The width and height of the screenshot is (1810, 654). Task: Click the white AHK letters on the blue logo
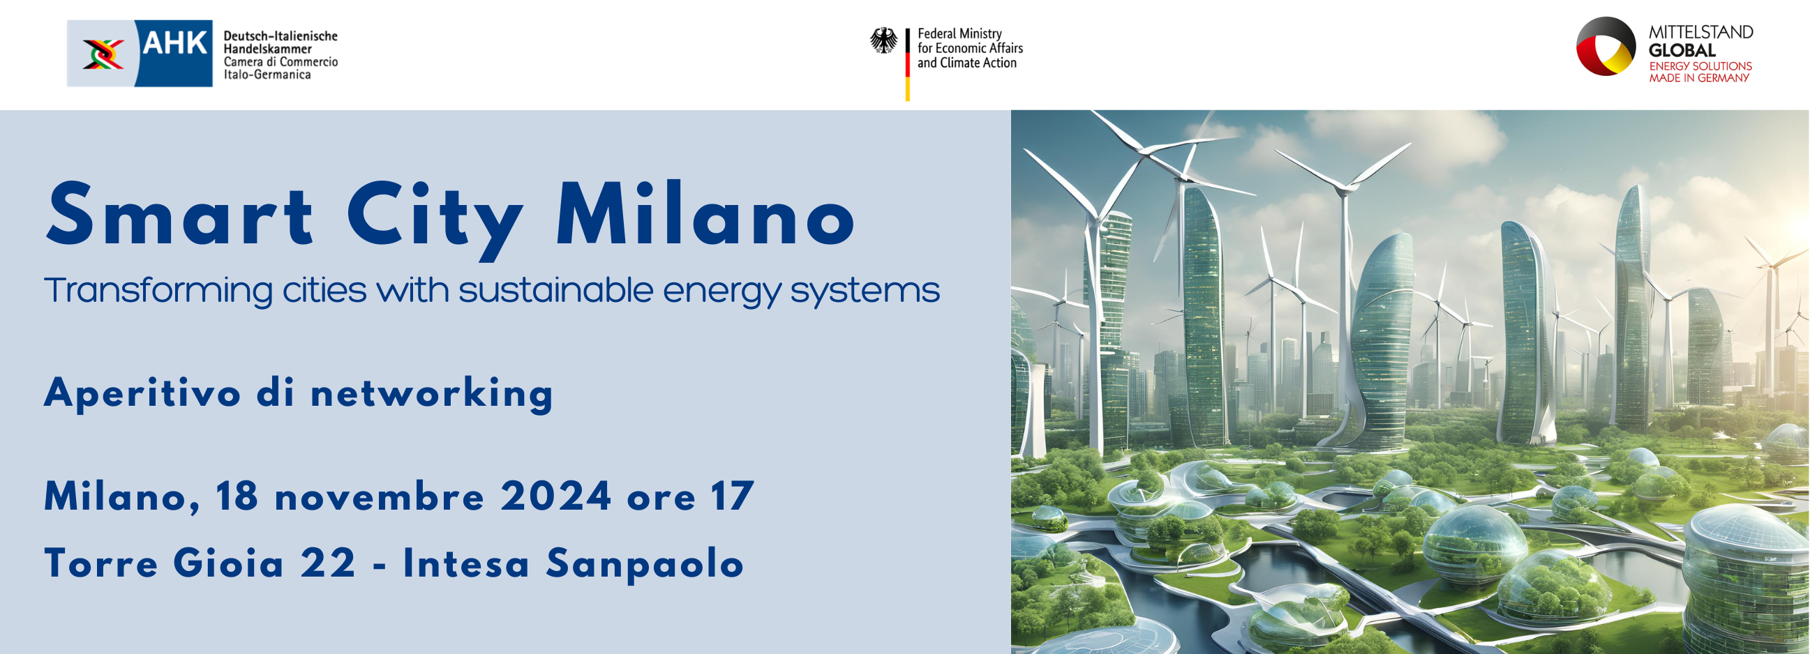tap(174, 43)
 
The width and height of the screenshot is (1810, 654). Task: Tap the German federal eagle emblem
tap(883, 40)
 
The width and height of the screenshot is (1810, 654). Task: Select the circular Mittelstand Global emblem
tap(1605, 46)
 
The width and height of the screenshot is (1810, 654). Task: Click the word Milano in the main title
tap(705, 215)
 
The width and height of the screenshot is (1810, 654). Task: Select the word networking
tap(432, 393)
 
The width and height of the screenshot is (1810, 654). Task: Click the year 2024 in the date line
tap(556, 496)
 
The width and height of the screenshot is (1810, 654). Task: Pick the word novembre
tap(380, 498)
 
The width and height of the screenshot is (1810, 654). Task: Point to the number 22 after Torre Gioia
tap(328, 563)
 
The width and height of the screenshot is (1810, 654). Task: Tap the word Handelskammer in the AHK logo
tap(267, 50)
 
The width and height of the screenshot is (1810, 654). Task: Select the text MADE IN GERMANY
tap(1699, 78)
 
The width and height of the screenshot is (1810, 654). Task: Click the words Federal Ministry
tap(959, 33)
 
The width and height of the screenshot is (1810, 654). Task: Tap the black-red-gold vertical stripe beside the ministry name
tap(908, 65)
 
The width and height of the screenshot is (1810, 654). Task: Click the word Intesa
tap(466, 564)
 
